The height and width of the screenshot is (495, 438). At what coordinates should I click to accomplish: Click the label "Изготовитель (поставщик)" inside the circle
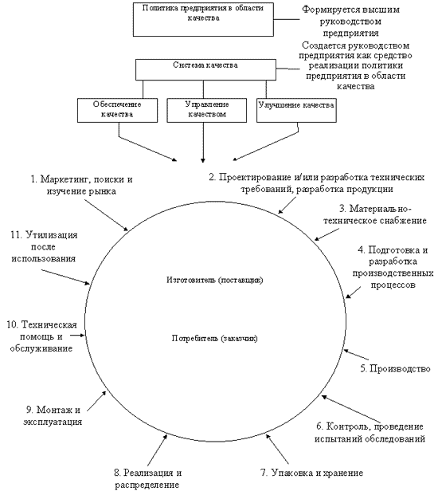pos(214,280)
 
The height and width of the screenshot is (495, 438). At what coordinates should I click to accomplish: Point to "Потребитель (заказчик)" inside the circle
pos(214,339)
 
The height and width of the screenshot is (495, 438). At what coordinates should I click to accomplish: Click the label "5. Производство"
pos(396,368)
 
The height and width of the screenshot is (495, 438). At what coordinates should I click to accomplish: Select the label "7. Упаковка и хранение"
pos(312,473)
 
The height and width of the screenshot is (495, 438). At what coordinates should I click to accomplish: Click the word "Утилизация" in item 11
pos(52,235)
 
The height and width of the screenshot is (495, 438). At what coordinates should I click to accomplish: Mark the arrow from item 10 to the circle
pos(77,336)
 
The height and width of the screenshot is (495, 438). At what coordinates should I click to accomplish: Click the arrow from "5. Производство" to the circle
pos(356,355)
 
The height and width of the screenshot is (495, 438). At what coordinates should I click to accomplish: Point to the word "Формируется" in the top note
pos(330,10)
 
